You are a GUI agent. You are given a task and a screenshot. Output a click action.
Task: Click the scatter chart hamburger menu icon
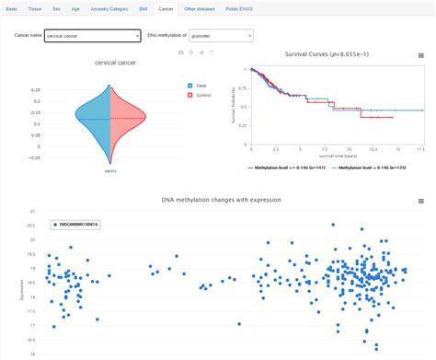tap(422, 200)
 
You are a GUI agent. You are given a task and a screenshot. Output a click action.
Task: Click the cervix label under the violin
tap(109, 170)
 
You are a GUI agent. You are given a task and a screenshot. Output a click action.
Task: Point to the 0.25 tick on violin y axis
tap(62, 89)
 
